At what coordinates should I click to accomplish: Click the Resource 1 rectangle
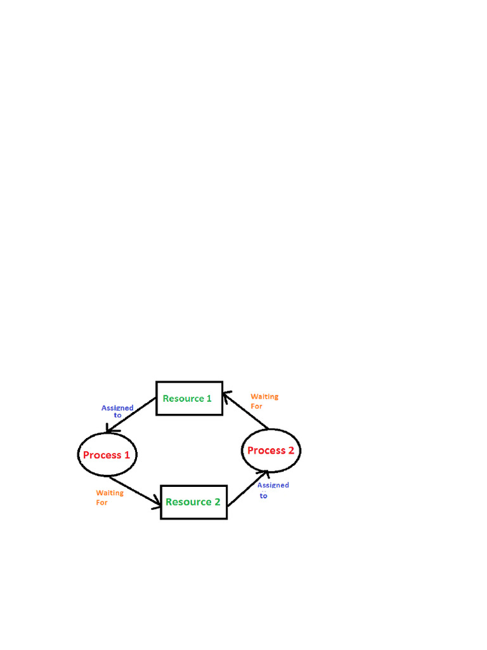tap(189, 399)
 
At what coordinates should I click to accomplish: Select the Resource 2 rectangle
tap(193, 502)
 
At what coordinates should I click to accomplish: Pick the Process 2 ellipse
tap(271, 451)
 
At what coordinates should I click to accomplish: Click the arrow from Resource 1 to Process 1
tap(132, 416)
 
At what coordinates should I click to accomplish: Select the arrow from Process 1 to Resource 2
tap(134, 493)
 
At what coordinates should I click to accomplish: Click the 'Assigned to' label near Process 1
tap(117, 411)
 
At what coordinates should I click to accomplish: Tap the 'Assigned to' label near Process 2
tap(273, 490)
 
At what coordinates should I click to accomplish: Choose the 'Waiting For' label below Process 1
tap(109, 498)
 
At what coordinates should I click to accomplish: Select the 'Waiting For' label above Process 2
tap(264, 401)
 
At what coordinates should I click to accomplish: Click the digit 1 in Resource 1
tap(209, 399)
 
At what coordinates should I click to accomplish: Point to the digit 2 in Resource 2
tap(217, 502)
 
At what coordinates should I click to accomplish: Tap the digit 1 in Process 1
tap(127, 455)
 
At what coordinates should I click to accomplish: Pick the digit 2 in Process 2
tap(291, 451)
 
